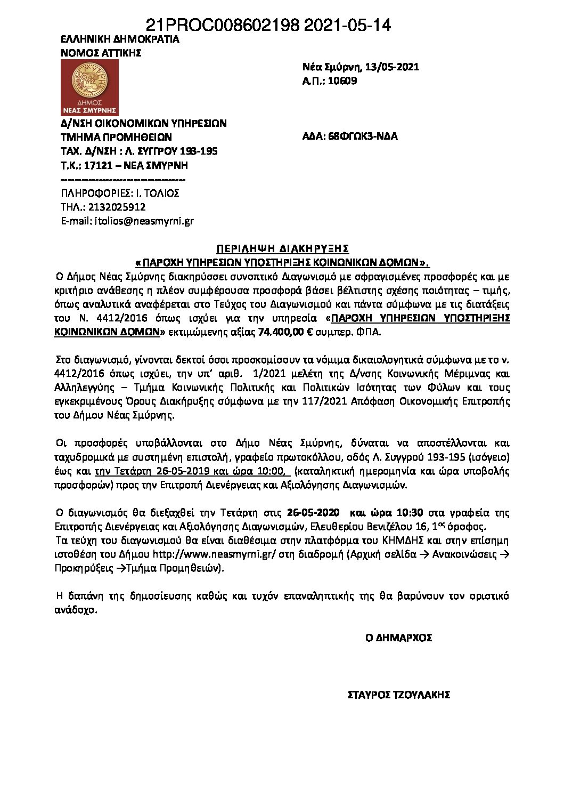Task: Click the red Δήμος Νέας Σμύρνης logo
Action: coord(89,87)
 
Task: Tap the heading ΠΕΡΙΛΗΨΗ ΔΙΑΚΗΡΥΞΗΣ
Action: coord(282,248)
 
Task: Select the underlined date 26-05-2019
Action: coord(184,471)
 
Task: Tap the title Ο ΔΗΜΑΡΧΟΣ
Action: coord(398,638)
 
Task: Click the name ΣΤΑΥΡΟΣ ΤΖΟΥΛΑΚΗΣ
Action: coord(399,695)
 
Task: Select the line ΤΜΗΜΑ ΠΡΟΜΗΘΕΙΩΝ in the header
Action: coord(116,137)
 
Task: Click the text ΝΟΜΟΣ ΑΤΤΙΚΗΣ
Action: coord(101,53)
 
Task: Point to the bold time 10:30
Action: coord(409,513)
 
